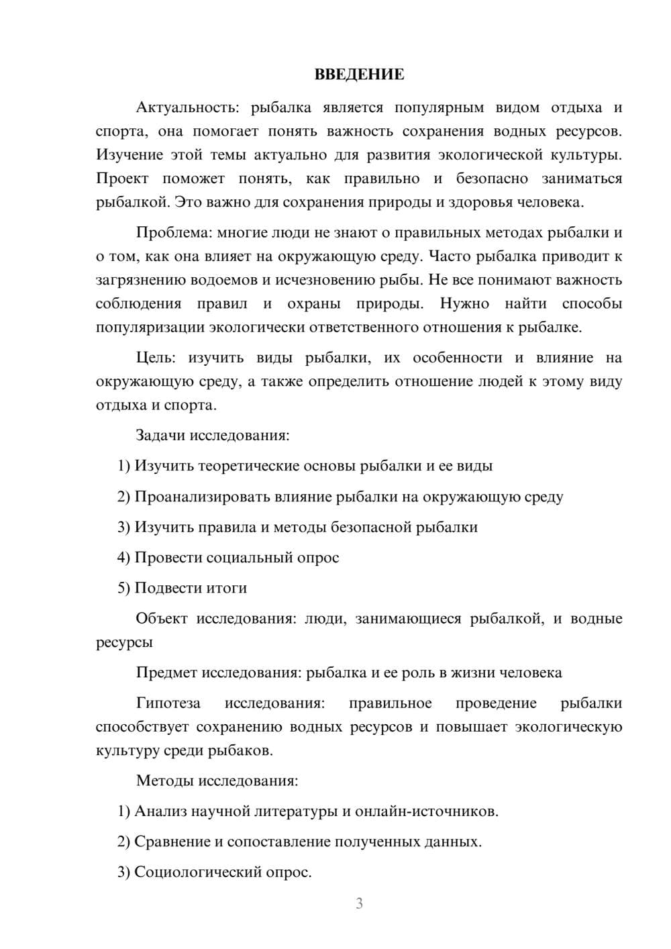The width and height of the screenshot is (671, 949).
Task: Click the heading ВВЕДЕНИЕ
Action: click(x=359, y=74)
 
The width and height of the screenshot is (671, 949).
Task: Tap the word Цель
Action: click(x=154, y=358)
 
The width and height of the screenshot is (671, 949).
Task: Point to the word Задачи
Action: click(x=160, y=435)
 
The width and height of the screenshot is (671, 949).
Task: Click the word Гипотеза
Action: click(x=168, y=703)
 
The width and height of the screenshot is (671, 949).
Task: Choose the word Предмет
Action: click(x=167, y=672)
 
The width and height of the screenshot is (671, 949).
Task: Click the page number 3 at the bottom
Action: click(x=359, y=903)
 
